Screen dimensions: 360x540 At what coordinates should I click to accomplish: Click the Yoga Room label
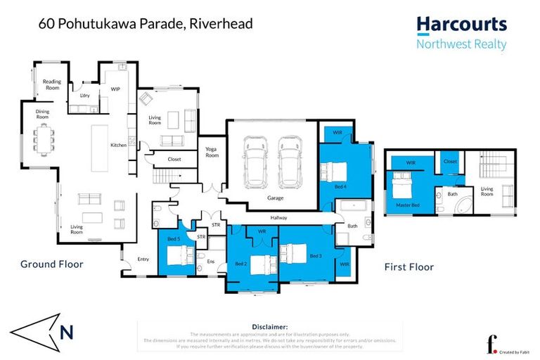coord(212,152)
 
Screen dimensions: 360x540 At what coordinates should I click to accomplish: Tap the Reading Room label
coord(52,84)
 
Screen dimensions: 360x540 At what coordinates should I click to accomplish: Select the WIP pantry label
coord(115,89)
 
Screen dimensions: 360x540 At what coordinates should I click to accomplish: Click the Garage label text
coord(275,198)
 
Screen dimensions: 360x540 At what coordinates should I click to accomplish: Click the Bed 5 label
coord(174,240)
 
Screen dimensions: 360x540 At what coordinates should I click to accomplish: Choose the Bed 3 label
coord(317,256)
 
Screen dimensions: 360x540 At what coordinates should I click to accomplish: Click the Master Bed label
coord(403,204)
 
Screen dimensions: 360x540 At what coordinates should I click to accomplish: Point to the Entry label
coord(143,259)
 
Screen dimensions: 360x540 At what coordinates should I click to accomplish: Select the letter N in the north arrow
coord(65,332)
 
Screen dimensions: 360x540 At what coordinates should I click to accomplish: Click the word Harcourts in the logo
coord(461,25)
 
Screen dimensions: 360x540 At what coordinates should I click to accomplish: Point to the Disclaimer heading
coord(269,327)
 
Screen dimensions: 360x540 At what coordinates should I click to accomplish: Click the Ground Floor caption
coord(51,264)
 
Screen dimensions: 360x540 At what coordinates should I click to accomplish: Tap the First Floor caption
coord(409,267)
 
